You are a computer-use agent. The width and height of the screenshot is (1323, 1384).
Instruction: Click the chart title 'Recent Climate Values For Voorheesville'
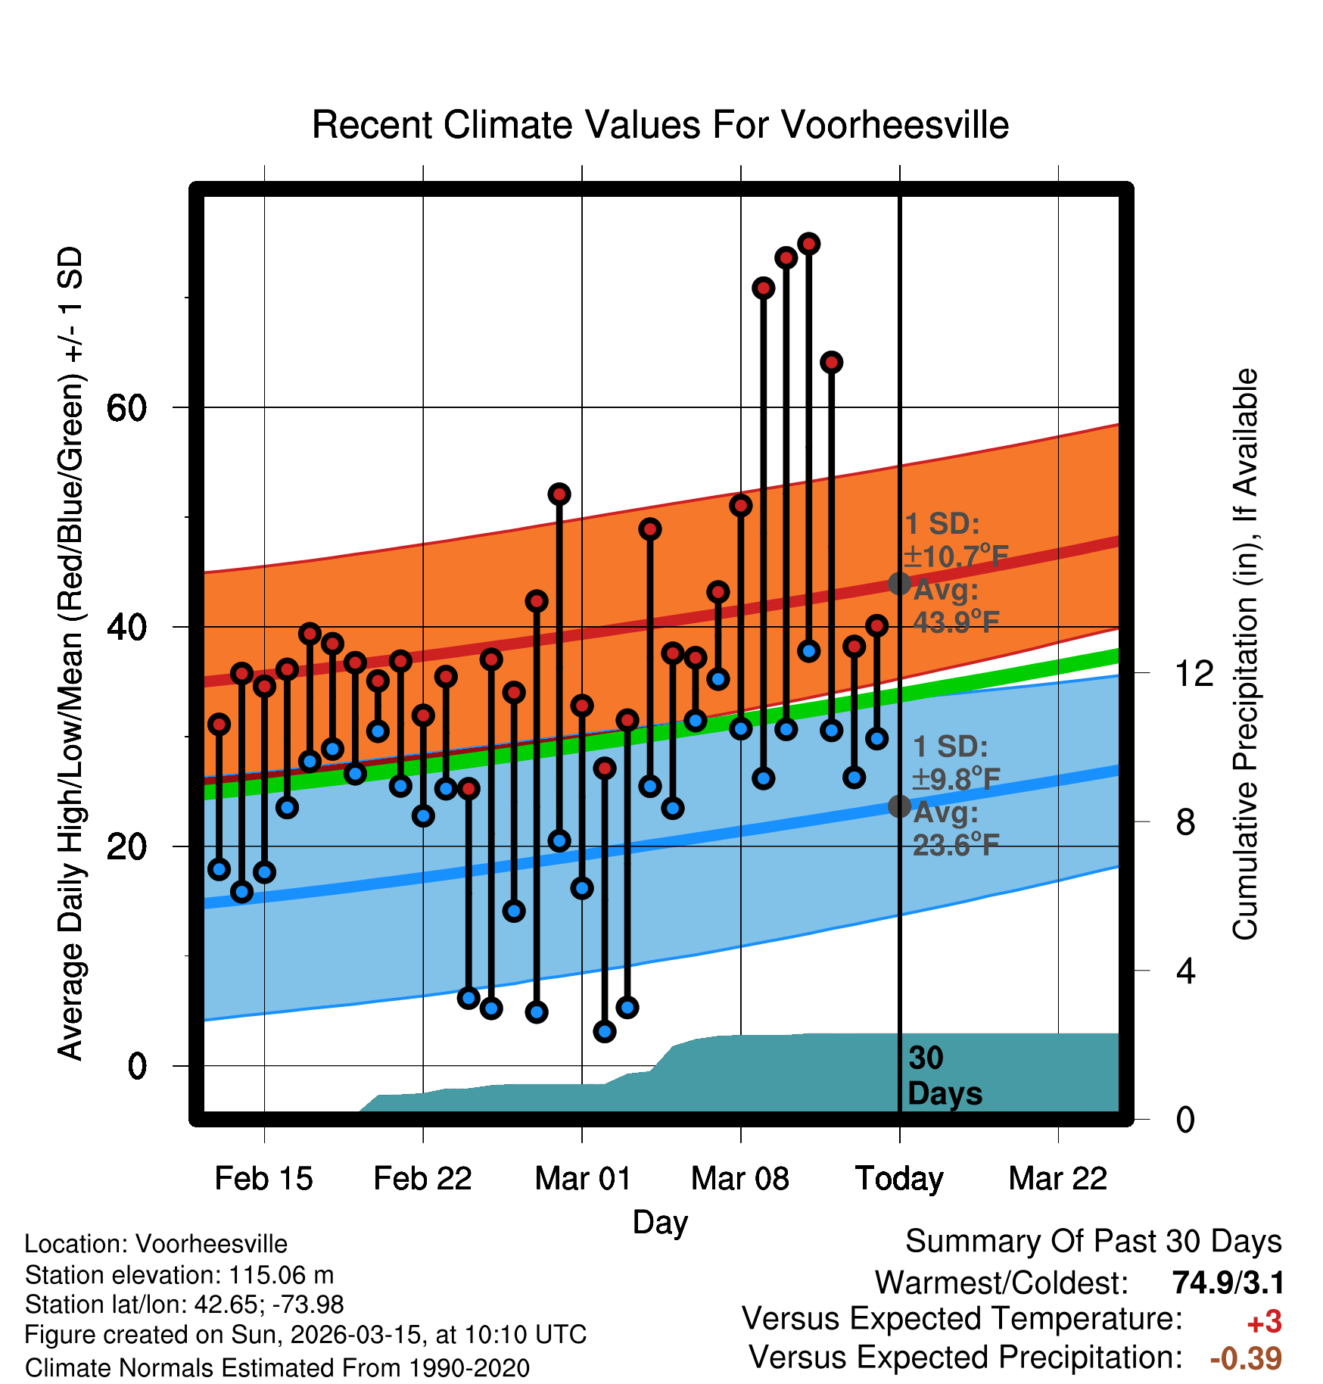(660, 125)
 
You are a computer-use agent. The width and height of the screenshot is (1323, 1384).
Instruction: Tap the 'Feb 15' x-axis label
(263, 1179)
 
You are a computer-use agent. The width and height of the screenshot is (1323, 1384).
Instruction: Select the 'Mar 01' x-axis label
(582, 1179)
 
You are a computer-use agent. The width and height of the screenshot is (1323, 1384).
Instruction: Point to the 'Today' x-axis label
(899, 1179)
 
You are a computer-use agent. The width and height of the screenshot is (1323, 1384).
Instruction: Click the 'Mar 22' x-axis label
(1058, 1179)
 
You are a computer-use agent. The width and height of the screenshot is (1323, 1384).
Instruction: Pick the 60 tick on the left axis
(126, 409)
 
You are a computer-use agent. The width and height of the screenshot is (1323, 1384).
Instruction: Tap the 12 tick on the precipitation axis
(1194, 673)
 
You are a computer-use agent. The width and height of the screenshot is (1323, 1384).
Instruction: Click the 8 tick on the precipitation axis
(1186, 821)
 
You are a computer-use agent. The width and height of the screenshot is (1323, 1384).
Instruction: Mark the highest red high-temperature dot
(809, 244)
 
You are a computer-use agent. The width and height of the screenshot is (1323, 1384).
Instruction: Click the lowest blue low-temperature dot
(605, 1031)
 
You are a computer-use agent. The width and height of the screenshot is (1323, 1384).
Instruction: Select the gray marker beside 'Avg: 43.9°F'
(899, 584)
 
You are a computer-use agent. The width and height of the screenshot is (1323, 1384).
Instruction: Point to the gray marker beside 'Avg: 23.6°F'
(899, 806)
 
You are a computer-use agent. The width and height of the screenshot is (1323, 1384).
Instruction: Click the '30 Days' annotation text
(944, 1076)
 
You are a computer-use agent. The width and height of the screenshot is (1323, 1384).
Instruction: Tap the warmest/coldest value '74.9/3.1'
(1228, 1283)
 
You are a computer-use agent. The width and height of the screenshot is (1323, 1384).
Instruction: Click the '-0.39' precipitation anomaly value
(1246, 1358)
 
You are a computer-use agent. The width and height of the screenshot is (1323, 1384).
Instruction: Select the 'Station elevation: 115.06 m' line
(179, 1275)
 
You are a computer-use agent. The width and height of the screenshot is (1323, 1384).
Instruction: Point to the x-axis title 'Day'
(660, 1222)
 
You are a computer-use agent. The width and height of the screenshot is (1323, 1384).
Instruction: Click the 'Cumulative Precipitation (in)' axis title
(1245, 655)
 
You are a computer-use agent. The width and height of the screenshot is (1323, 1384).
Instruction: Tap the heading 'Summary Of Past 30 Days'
(1093, 1242)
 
